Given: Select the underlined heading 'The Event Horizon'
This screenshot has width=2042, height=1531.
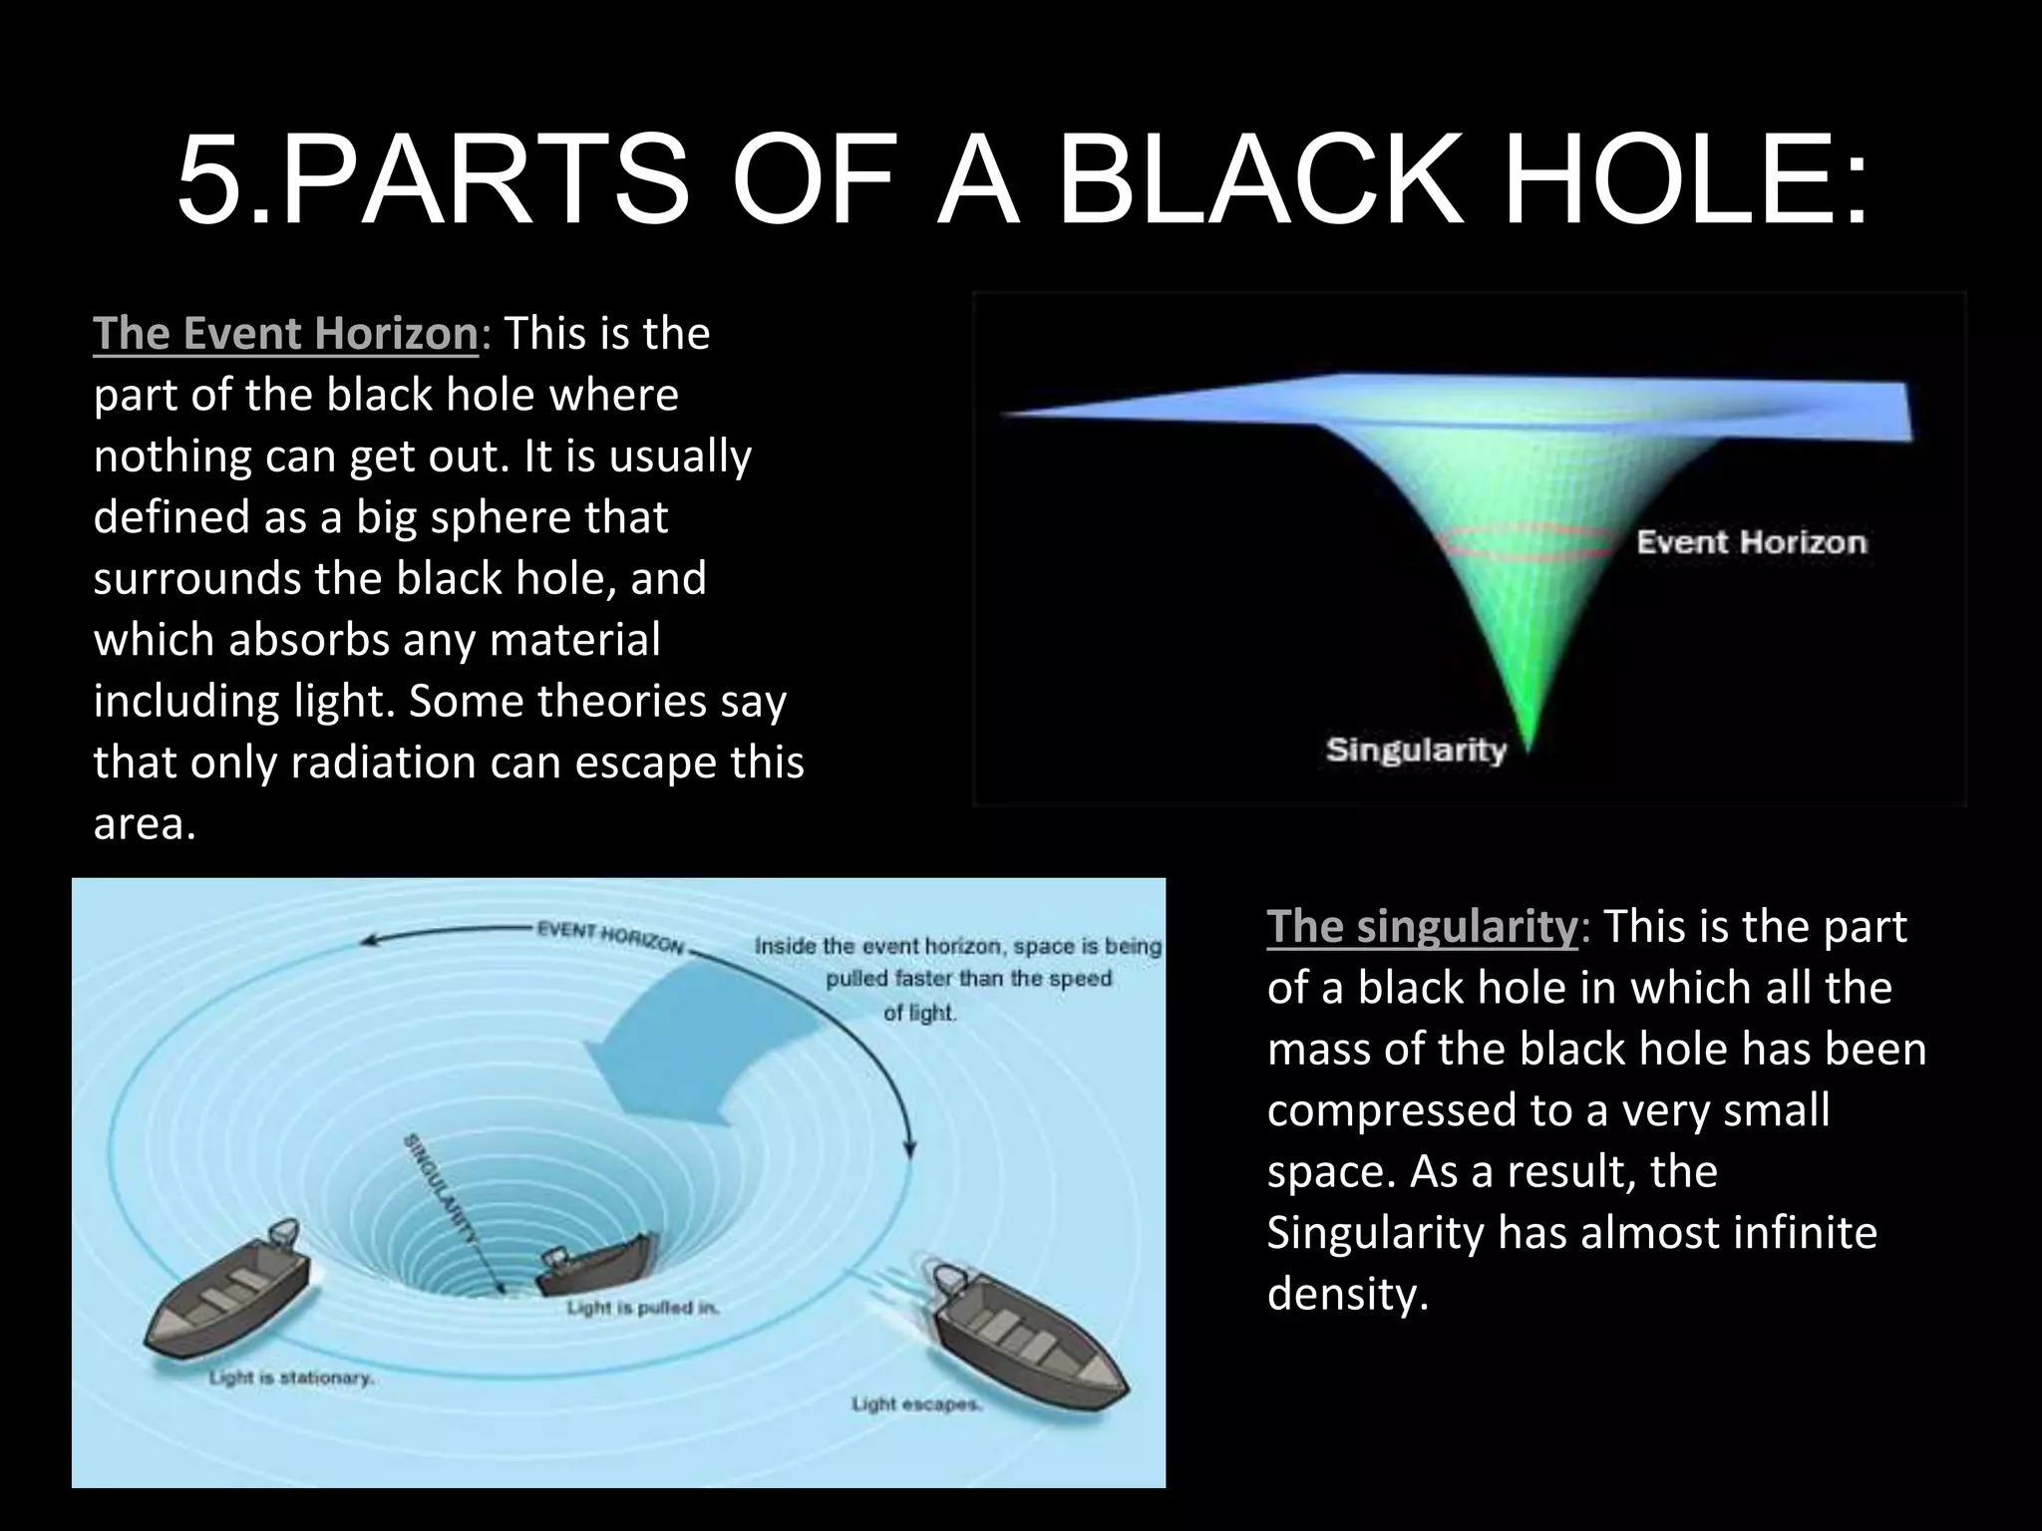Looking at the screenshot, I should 286,333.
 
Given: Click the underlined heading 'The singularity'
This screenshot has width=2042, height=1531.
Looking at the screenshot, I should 1423,926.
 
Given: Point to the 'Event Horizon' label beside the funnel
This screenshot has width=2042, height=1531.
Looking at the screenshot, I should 1751,542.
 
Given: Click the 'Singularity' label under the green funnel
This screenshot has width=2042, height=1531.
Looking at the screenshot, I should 1415,750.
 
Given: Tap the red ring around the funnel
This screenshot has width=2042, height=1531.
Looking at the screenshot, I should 1526,541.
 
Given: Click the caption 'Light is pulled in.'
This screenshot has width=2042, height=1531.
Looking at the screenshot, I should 643,1307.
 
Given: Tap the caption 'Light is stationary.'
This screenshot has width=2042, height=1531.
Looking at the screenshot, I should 291,1378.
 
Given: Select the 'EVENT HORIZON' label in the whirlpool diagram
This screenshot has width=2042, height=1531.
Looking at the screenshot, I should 610,938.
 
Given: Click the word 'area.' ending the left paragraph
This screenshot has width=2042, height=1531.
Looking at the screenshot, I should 145,823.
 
